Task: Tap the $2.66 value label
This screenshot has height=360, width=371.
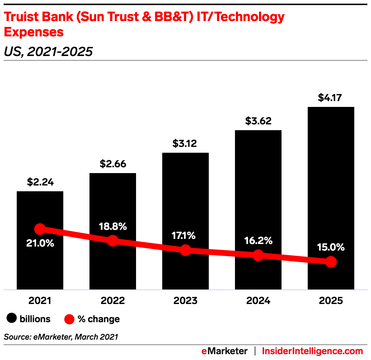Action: pos(113,164)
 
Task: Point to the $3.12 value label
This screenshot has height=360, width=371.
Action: pos(185,144)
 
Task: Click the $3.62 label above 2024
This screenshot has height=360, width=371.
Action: pos(258,121)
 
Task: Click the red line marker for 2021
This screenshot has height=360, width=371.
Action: pos(40,229)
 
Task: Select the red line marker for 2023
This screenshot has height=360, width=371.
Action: pos(185,250)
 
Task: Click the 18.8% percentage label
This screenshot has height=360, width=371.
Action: pos(113,226)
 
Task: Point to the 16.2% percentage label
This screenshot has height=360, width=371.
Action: pos(258,240)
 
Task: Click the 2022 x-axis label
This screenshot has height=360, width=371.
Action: pos(113,301)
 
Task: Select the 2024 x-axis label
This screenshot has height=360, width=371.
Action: pos(258,301)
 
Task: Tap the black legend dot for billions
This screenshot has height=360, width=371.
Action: pos(12,319)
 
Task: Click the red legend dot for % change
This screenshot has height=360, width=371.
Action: pos(69,319)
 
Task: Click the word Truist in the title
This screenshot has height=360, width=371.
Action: pos(22,17)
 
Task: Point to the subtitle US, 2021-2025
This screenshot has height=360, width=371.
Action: pos(48,52)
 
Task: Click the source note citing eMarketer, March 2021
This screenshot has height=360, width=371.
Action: pos(61,337)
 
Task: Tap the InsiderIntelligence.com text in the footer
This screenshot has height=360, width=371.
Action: pos(312,351)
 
